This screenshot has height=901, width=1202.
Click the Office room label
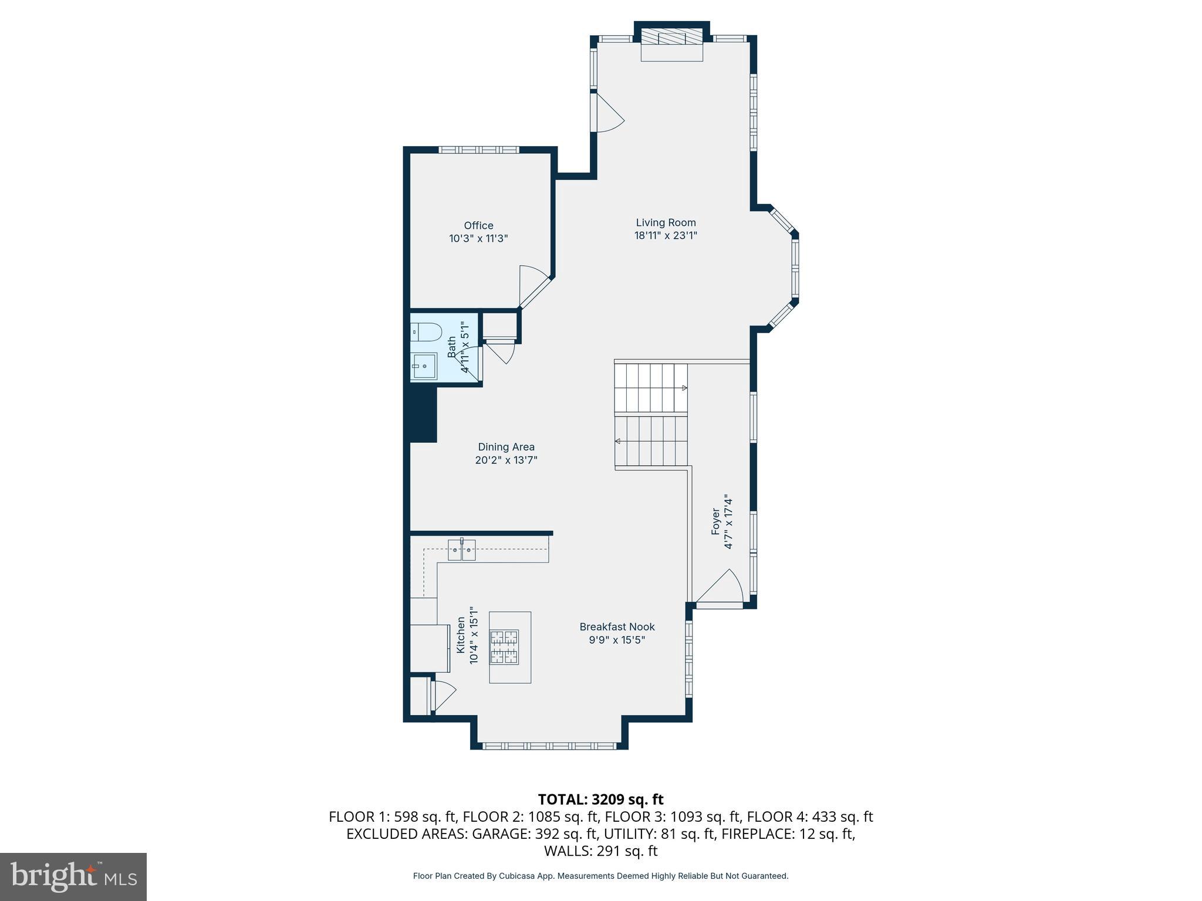[478, 225]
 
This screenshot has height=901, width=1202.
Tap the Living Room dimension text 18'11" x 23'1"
[666, 236]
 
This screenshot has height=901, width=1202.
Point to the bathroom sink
[424, 366]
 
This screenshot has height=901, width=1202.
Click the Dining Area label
[506, 447]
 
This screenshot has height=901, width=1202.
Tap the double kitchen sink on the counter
[462, 551]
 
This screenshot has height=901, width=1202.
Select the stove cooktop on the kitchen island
[505, 647]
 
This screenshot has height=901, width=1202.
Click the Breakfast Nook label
[617, 626]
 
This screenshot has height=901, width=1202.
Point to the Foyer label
[715, 521]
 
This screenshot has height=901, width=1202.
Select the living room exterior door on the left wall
[607, 113]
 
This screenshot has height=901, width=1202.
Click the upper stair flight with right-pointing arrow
[650, 388]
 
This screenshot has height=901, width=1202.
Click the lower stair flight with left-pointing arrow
[650, 441]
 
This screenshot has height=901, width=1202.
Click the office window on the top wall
[480, 150]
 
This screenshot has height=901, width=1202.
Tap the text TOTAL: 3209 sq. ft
[600, 800]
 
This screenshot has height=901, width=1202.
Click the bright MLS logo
[73, 876]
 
